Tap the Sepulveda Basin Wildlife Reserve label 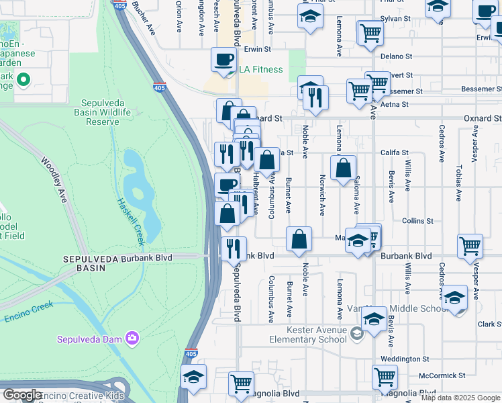(x=105, y=112)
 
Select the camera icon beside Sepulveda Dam (x=133, y=338)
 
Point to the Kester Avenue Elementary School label (x=307, y=334)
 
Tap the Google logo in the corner (x=22, y=394)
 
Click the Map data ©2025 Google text (x=460, y=398)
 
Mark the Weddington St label (x=405, y=359)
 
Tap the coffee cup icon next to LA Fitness (x=223, y=59)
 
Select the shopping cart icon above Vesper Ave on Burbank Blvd (x=470, y=246)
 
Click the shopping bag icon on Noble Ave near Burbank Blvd (x=299, y=238)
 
